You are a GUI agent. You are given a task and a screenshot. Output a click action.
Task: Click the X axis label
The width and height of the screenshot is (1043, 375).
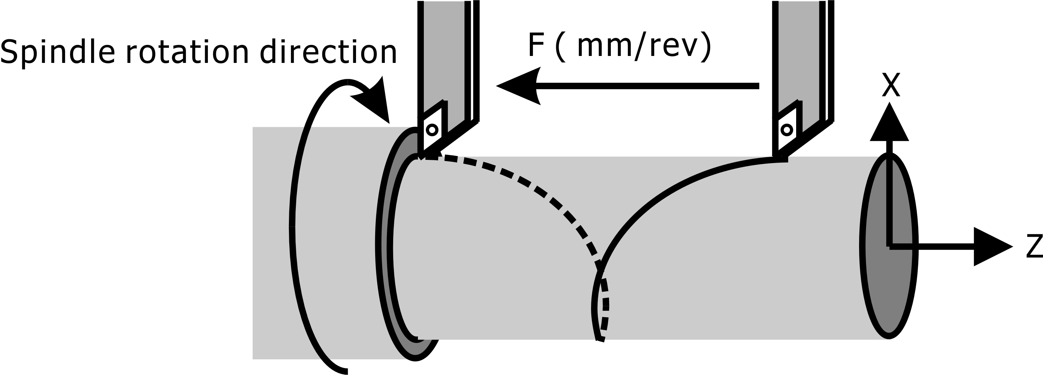tap(891, 86)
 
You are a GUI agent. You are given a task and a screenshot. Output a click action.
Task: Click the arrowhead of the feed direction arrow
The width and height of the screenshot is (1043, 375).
tap(518, 86)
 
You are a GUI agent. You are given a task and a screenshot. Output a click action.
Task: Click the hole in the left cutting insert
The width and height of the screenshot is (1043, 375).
tap(432, 130)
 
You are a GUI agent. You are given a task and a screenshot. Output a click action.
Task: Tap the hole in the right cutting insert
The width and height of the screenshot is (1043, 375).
tap(787, 130)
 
